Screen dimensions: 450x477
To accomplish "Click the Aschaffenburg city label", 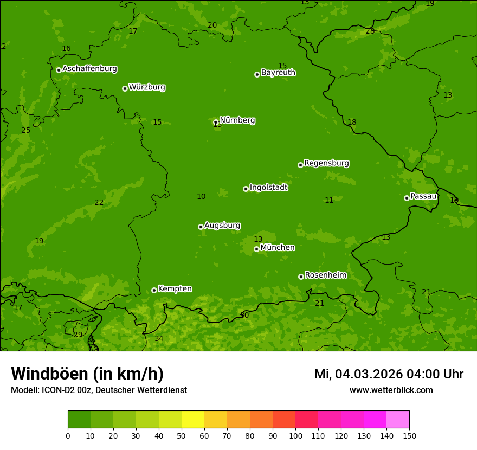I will [89, 69].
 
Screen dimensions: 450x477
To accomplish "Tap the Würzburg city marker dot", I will [125, 88].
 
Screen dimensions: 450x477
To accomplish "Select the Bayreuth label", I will [278, 73].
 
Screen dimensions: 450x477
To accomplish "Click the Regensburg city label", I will [326, 163].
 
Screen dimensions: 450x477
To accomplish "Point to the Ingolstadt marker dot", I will [246, 189].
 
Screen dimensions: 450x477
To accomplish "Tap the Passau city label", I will [423, 196].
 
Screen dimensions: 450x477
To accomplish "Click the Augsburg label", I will [222, 226].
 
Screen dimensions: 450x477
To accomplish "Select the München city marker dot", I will [256, 249].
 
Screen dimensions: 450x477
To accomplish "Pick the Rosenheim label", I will [325, 275].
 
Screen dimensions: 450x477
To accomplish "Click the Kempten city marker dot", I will [154, 290].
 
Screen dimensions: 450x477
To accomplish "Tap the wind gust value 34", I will [159, 339].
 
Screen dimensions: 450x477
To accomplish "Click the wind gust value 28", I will [370, 31].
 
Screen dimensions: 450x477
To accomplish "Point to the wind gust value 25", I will [25, 131].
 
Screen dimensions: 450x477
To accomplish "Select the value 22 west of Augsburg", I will [99, 203].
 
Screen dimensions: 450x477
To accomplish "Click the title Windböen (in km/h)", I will [87, 374].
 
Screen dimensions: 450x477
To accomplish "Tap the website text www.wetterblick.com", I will [391, 390].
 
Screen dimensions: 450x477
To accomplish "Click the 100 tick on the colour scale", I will [295, 435].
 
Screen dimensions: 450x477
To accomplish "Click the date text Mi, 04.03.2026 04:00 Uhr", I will [389, 374].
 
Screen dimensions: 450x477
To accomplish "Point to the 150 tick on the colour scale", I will [409, 435].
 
